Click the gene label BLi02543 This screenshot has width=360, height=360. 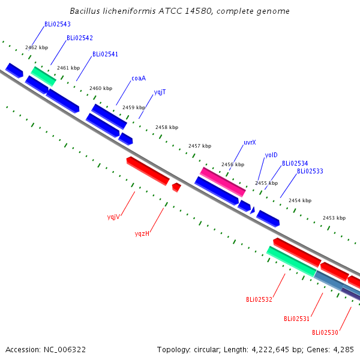[x=58, y=24]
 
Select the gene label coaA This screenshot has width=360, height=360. [x=139, y=78]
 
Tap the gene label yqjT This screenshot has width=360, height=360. [x=160, y=92]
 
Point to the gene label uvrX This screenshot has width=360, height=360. [x=250, y=143]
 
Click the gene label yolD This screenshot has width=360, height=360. [x=271, y=155]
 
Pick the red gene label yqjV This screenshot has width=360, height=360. [x=113, y=217]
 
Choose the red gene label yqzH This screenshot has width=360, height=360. [x=142, y=234]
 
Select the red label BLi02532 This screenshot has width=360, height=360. [x=259, y=299]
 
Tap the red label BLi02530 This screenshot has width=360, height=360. [x=325, y=332]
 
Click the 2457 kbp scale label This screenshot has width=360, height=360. [x=200, y=146]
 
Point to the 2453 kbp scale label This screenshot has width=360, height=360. [x=334, y=218]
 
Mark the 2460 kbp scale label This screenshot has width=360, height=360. [x=101, y=88]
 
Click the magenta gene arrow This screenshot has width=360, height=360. [x=223, y=182]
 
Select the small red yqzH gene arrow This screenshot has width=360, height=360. [x=176, y=187]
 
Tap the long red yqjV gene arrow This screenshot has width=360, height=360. [x=148, y=171]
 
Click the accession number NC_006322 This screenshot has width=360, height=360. [x=65, y=350]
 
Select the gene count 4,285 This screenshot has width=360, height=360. [x=343, y=350]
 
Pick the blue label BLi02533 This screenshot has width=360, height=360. [x=310, y=171]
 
